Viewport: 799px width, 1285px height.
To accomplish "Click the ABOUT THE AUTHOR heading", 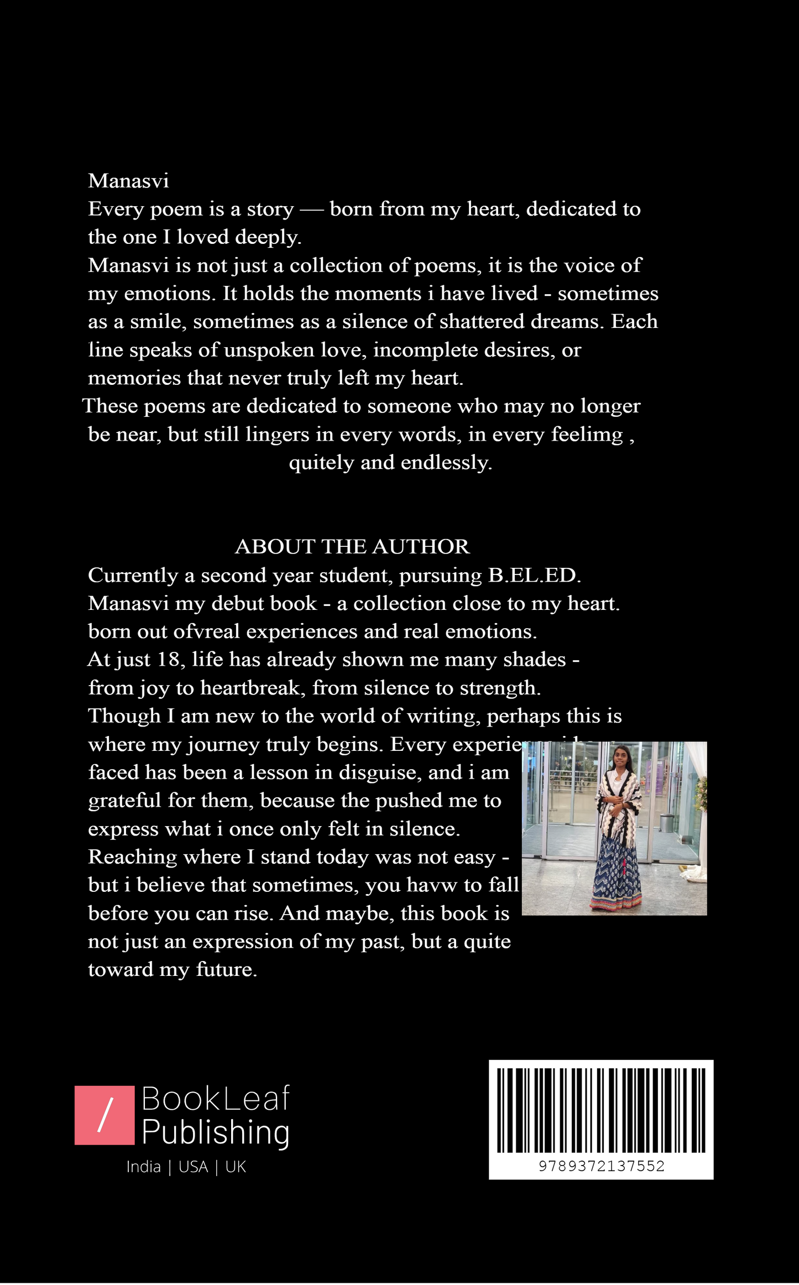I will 352,547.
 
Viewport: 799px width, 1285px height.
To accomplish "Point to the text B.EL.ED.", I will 534,576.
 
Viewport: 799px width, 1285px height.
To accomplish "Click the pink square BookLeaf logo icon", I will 105,1115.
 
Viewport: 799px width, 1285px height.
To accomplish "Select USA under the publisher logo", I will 193,1167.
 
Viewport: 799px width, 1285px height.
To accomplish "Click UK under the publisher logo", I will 236,1167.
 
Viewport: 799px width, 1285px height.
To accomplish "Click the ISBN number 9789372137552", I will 602,1166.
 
